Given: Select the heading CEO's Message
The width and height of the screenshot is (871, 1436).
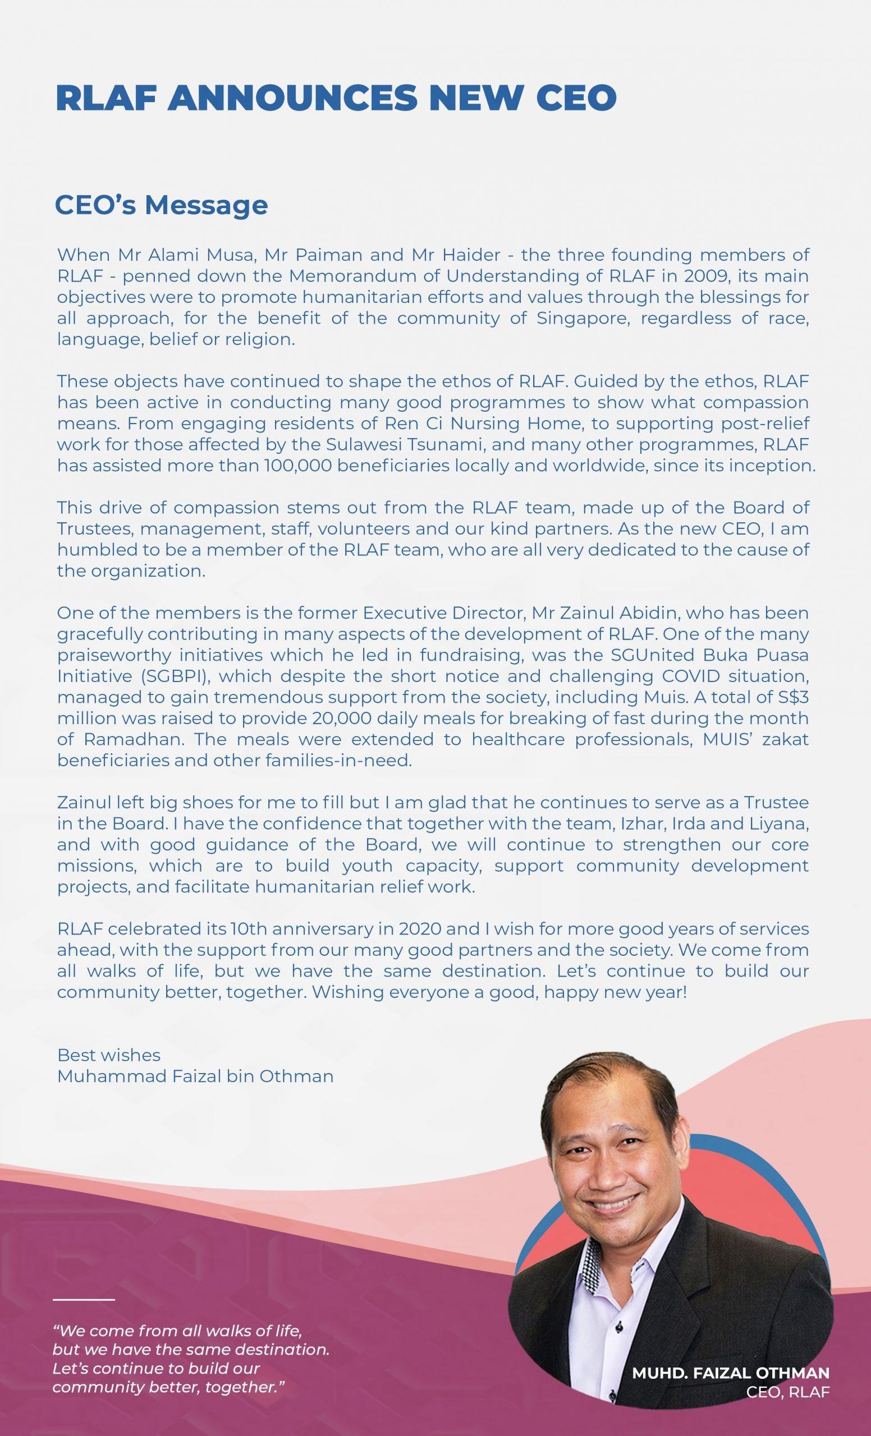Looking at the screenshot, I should click(161, 205).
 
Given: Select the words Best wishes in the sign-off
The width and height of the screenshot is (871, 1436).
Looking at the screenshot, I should click(108, 1055).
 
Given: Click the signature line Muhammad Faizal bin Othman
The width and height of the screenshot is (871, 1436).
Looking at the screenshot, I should click(195, 1076).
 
